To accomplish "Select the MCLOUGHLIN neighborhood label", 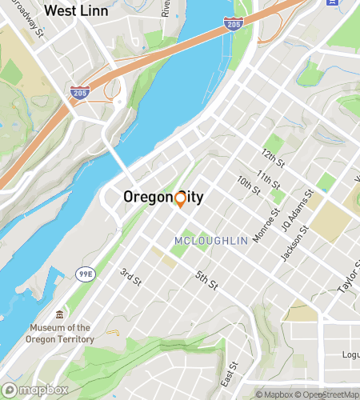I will pos(207,241).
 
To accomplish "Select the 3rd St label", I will pos(130,277).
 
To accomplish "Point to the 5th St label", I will pos(206,281).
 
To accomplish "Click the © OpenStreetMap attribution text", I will pos(330,394).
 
